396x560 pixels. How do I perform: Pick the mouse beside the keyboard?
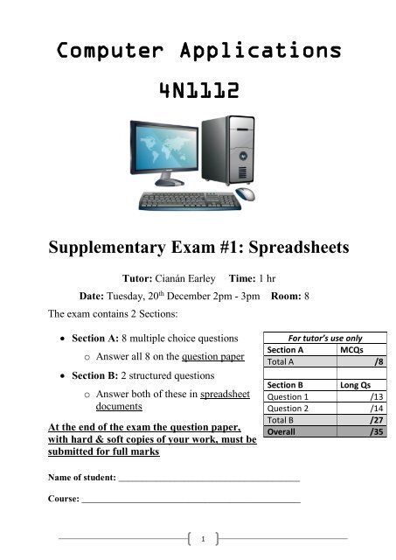(x=246, y=194)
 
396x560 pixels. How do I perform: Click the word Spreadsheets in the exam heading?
(x=283, y=248)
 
